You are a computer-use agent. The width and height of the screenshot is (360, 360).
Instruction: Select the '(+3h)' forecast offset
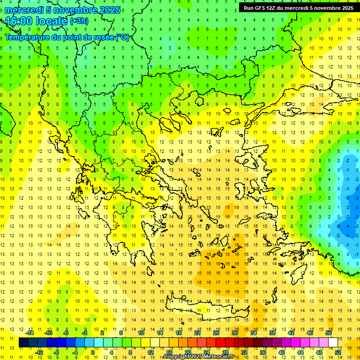pos(78,21)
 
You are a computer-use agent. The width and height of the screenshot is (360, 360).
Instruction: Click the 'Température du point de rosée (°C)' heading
pos(67,37)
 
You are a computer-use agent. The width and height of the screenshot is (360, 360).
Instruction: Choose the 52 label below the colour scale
pos(338,352)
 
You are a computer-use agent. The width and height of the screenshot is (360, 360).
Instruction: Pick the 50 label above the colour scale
pos(328,333)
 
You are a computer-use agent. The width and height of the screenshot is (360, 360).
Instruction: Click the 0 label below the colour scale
pos(93,352)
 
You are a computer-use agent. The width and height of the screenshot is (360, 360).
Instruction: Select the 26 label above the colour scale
pos(216,333)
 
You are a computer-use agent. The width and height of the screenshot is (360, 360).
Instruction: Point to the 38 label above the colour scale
pos(272,333)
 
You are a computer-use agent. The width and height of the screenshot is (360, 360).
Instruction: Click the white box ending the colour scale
pos(333,342)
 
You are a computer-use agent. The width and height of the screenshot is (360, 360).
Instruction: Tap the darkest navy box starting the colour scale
pos(23,342)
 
